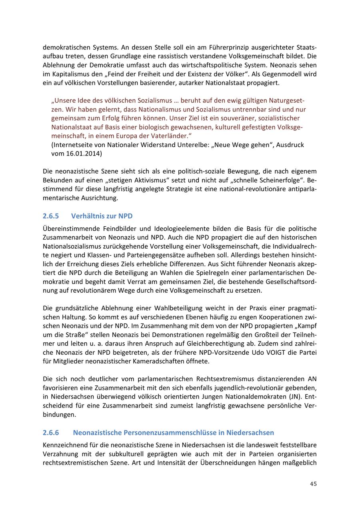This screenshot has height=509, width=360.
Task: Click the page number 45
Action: point(313,484)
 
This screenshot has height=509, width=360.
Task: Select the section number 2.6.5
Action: point(51,216)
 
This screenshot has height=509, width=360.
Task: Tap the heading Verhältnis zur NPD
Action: point(102,216)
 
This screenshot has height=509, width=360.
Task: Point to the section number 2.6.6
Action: point(51,433)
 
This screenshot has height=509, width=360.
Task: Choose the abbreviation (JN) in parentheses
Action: point(294,397)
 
